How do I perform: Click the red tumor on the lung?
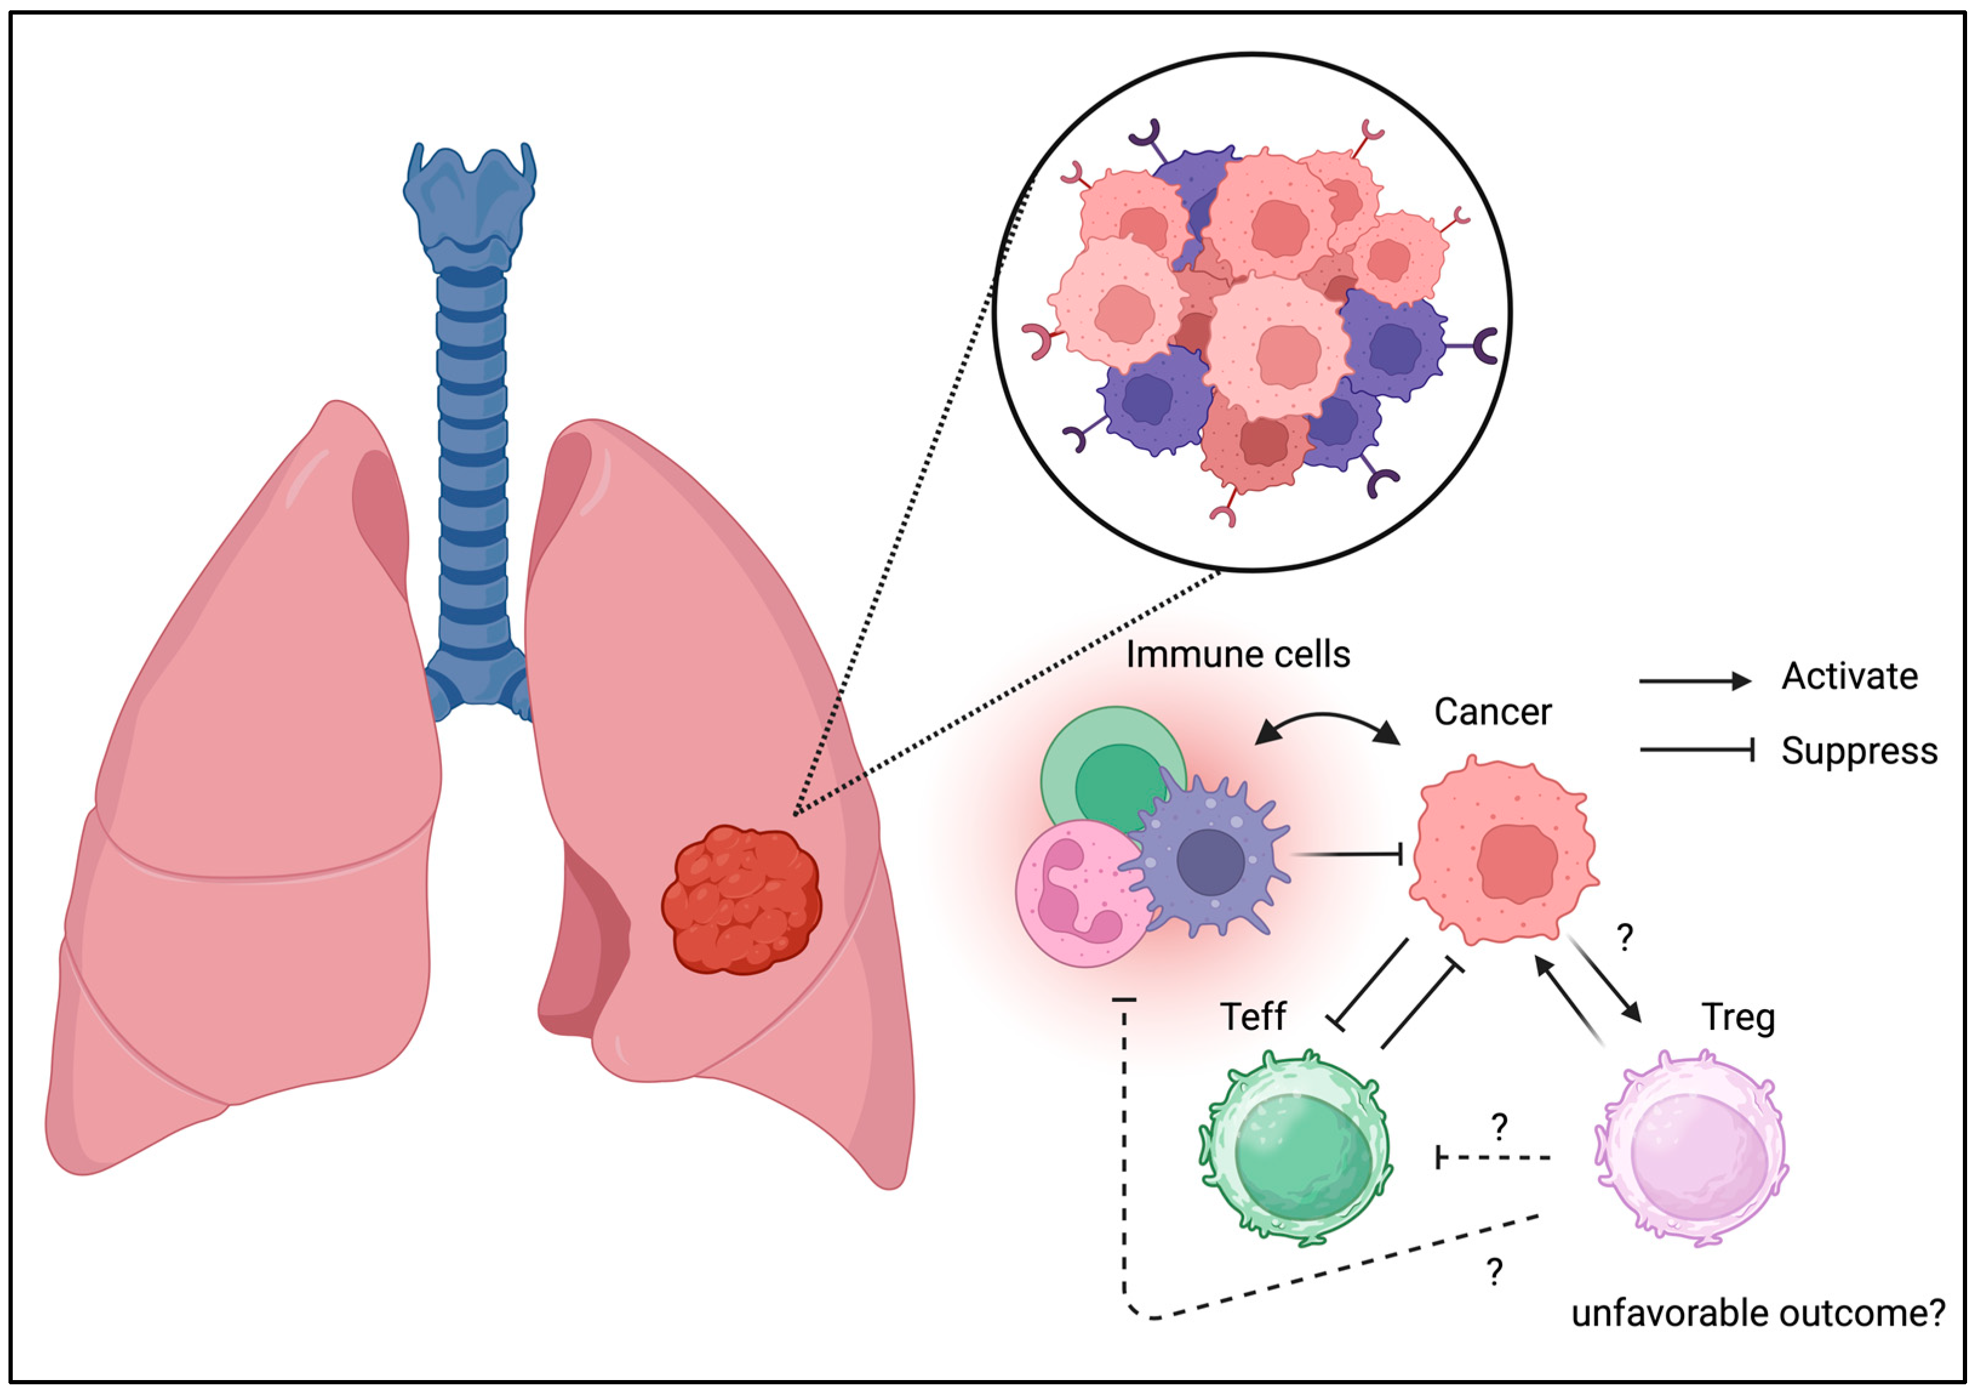pyautogui.click(x=741, y=899)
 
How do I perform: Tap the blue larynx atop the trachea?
pyautogui.click(x=470, y=202)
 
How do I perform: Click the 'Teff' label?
pyautogui.click(x=1253, y=1016)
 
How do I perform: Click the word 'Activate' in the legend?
pyautogui.click(x=1850, y=676)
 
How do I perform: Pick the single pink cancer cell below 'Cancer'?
pyautogui.click(x=1503, y=853)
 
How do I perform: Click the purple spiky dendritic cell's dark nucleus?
pyautogui.click(x=1210, y=862)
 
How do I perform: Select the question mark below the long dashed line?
pyautogui.click(x=1494, y=1272)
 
